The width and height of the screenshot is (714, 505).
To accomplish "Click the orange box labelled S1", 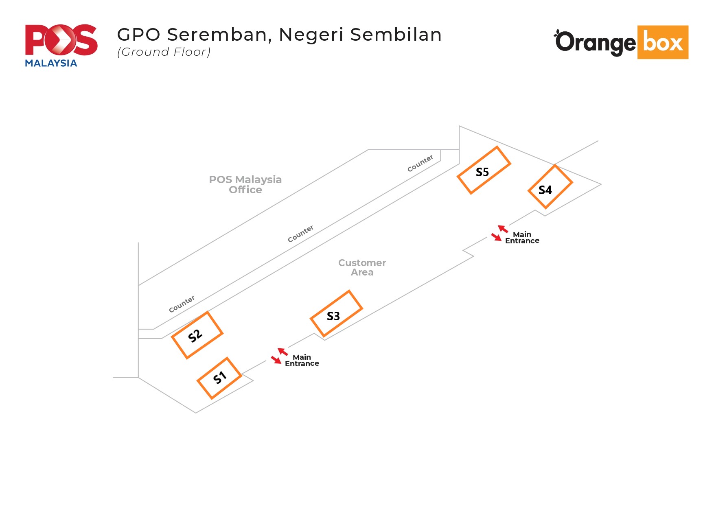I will (219, 378).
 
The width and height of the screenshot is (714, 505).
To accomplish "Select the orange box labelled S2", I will (197, 335).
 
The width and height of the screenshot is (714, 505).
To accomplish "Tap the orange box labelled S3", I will (336, 314).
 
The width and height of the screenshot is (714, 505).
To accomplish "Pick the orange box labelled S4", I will (550, 187).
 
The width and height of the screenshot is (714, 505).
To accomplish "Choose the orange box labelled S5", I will (484, 170).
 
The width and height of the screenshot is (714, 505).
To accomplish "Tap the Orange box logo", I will (621, 42).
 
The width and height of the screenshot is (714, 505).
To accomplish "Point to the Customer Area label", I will (362, 267).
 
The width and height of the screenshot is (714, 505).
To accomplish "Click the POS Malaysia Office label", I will (245, 184).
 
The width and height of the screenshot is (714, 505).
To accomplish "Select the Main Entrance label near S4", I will (522, 237).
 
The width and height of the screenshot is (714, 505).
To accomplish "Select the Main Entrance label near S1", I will (302, 360).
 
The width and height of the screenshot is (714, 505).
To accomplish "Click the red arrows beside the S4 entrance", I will (499, 233).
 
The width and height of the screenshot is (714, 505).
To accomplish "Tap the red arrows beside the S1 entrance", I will (279, 356).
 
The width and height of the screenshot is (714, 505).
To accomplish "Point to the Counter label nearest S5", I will (420, 163).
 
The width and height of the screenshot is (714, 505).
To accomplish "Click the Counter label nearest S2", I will (182, 304).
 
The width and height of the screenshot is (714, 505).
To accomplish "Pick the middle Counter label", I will (300, 234).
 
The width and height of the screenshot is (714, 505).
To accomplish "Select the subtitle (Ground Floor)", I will (164, 52).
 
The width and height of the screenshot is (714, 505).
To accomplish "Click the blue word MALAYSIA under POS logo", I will (51, 63).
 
